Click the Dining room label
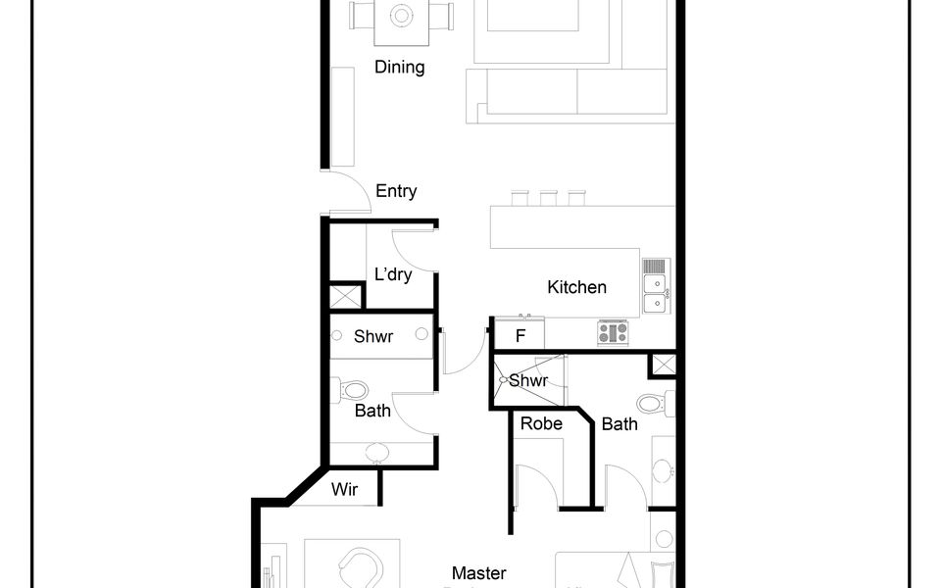pyautogui.click(x=399, y=67)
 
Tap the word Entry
pyautogui.click(x=396, y=191)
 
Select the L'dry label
pyautogui.click(x=393, y=274)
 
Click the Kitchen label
pyautogui.click(x=576, y=287)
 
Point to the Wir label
pyautogui.click(x=344, y=489)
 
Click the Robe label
pyautogui.click(x=541, y=423)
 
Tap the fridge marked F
pyautogui.click(x=520, y=333)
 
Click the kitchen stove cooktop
pyautogui.click(x=613, y=332)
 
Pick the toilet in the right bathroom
pyautogui.click(x=656, y=403)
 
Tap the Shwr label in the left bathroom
pyautogui.click(x=373, y=336)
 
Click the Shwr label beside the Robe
pyautogui.click(x=528, y=380)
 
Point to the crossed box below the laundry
pyautogui.click(x=346, y=297)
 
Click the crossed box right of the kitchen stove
pyautogui.click(x=664, y=365)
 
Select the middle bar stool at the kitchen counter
pyautogui.click(x=548, y=198)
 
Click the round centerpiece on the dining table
pyautogui.click(x=401, y=15)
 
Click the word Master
pyautogui.click(x=479, y=573)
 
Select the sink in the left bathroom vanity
pyautogui.click(x=376, y=453)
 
